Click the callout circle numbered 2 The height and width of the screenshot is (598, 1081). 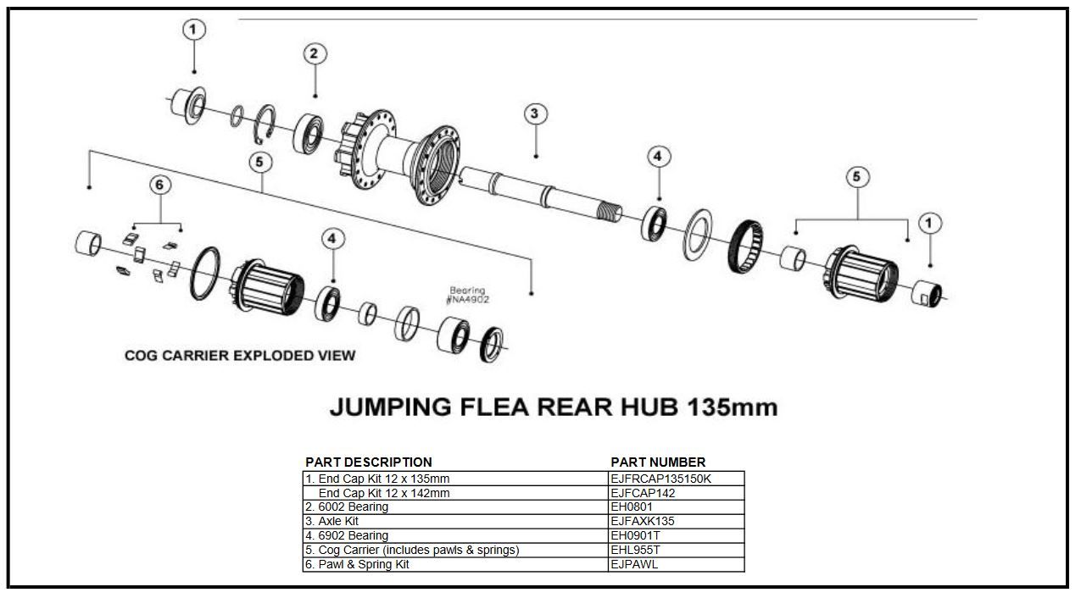(315, 54)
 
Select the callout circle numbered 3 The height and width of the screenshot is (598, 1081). (535, 114)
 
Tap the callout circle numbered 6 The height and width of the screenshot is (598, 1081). (158, 184)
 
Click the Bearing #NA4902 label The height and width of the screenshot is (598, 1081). (467, 295)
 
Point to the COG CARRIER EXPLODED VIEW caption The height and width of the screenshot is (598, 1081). (240, 355)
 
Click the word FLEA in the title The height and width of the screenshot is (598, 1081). (493, 407)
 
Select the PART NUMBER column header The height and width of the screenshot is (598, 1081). (658, 462)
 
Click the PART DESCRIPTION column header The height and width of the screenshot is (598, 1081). (369, 462)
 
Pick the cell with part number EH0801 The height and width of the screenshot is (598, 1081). (676, 507)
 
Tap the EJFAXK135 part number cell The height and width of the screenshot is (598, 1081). (676, 521)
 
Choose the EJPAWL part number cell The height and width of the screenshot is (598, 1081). (676, 564)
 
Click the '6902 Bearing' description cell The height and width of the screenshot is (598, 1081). (455, 535)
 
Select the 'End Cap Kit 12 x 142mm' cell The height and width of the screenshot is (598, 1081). (455, 492)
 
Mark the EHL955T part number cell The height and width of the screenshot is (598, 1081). (676, 550)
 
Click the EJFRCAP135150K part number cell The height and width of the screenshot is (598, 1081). (676, 478)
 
